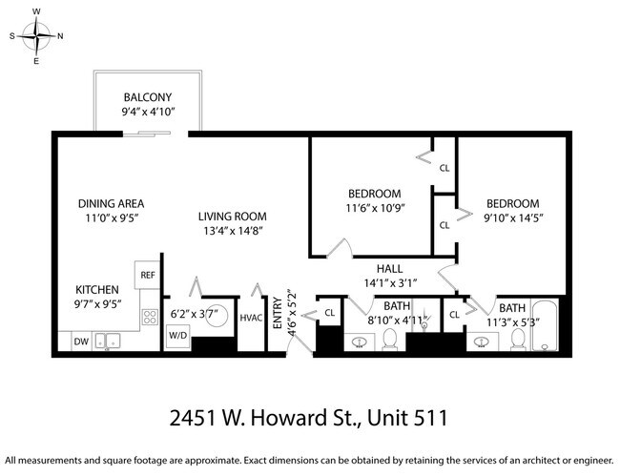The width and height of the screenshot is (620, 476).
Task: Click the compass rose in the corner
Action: (37, 36)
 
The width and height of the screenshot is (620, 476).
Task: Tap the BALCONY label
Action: (147, 98)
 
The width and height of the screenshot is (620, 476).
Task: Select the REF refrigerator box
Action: (148, 275)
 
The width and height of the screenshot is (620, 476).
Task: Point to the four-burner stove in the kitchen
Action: (150, 317)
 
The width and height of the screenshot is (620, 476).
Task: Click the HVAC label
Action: (251, 318)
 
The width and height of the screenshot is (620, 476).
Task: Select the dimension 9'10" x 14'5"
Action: (513, 218)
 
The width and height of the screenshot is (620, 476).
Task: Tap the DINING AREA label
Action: (111, 203)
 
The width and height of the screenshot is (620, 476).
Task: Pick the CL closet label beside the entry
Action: (329, 312)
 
